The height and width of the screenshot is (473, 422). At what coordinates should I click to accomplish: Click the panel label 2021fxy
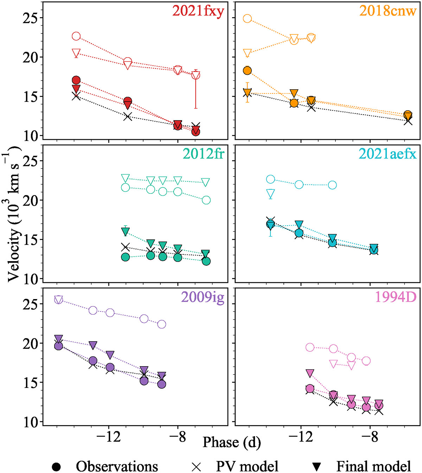(198, 11)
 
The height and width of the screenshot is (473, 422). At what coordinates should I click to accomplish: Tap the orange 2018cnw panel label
(388, 11)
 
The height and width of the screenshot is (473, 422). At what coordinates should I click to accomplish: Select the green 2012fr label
(203, 154)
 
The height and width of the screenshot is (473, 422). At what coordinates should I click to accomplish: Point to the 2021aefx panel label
(388, 154)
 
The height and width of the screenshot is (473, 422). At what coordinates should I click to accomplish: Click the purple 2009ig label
(203, 297)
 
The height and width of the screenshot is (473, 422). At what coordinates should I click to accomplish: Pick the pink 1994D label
(395, 297)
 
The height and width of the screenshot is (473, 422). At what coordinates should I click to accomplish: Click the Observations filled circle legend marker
(56, 467)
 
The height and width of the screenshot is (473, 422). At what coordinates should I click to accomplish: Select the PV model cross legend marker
(196, 467)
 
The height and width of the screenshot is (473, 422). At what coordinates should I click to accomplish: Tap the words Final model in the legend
(373, 467)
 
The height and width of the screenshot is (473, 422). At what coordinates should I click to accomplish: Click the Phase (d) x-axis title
(232, 442)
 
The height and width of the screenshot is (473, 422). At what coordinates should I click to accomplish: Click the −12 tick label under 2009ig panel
(109, 437)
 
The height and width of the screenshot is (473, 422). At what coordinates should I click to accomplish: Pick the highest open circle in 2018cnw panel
(247, 19)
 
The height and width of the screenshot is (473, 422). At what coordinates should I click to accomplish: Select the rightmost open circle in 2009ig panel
(161, 324)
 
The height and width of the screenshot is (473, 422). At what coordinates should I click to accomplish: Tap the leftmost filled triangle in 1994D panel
(310, 373)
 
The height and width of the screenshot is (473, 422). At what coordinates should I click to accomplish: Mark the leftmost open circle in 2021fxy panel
(76, 36)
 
